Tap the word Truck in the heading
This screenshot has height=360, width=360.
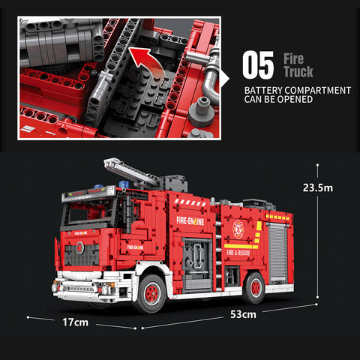click(298, 72)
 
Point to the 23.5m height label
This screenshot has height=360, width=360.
click(318, 187)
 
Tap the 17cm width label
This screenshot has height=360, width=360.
click(75, 322)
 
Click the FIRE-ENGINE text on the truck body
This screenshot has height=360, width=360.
click(193, 220)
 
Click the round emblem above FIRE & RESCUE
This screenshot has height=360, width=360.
click(238, 229)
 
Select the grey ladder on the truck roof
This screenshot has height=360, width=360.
click(135, 171)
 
